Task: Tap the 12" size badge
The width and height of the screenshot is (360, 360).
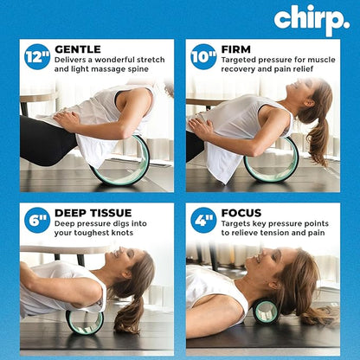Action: [x=37, y=56]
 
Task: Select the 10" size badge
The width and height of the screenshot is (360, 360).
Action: [x=203, y=56]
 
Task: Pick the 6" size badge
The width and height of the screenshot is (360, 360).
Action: [x=37, y=220]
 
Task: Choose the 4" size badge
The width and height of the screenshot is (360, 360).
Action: [x=203, y=220]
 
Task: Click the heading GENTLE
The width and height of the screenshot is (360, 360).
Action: [x=78, y=49]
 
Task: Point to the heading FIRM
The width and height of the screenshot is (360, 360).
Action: [x=236, y=49]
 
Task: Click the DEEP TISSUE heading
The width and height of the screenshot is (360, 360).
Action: [x=93, y=212]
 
